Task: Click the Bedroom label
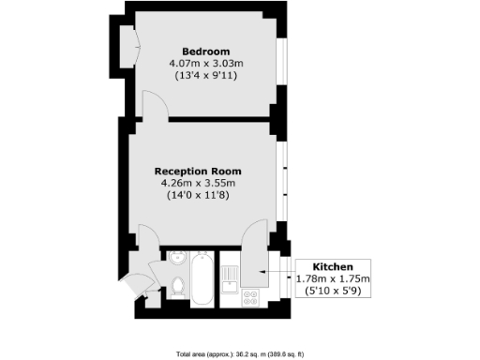tap(205, 51)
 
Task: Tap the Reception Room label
tap(198, 172)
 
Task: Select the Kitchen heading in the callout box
tap(332, 266)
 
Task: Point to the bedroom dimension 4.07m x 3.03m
tap(205, 63)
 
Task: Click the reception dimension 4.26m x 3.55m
tap(198, 184)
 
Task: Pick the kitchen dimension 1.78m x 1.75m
tap(333, 278)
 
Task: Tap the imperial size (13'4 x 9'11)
tap(205, 75)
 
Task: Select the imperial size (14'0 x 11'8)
tap(198, 196)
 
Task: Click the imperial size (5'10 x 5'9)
tap(333, 291)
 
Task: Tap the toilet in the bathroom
tap(177, 286)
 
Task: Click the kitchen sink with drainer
tap(231, 277)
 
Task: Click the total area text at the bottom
tap(239, 353)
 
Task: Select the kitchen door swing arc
tap(251, 239)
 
